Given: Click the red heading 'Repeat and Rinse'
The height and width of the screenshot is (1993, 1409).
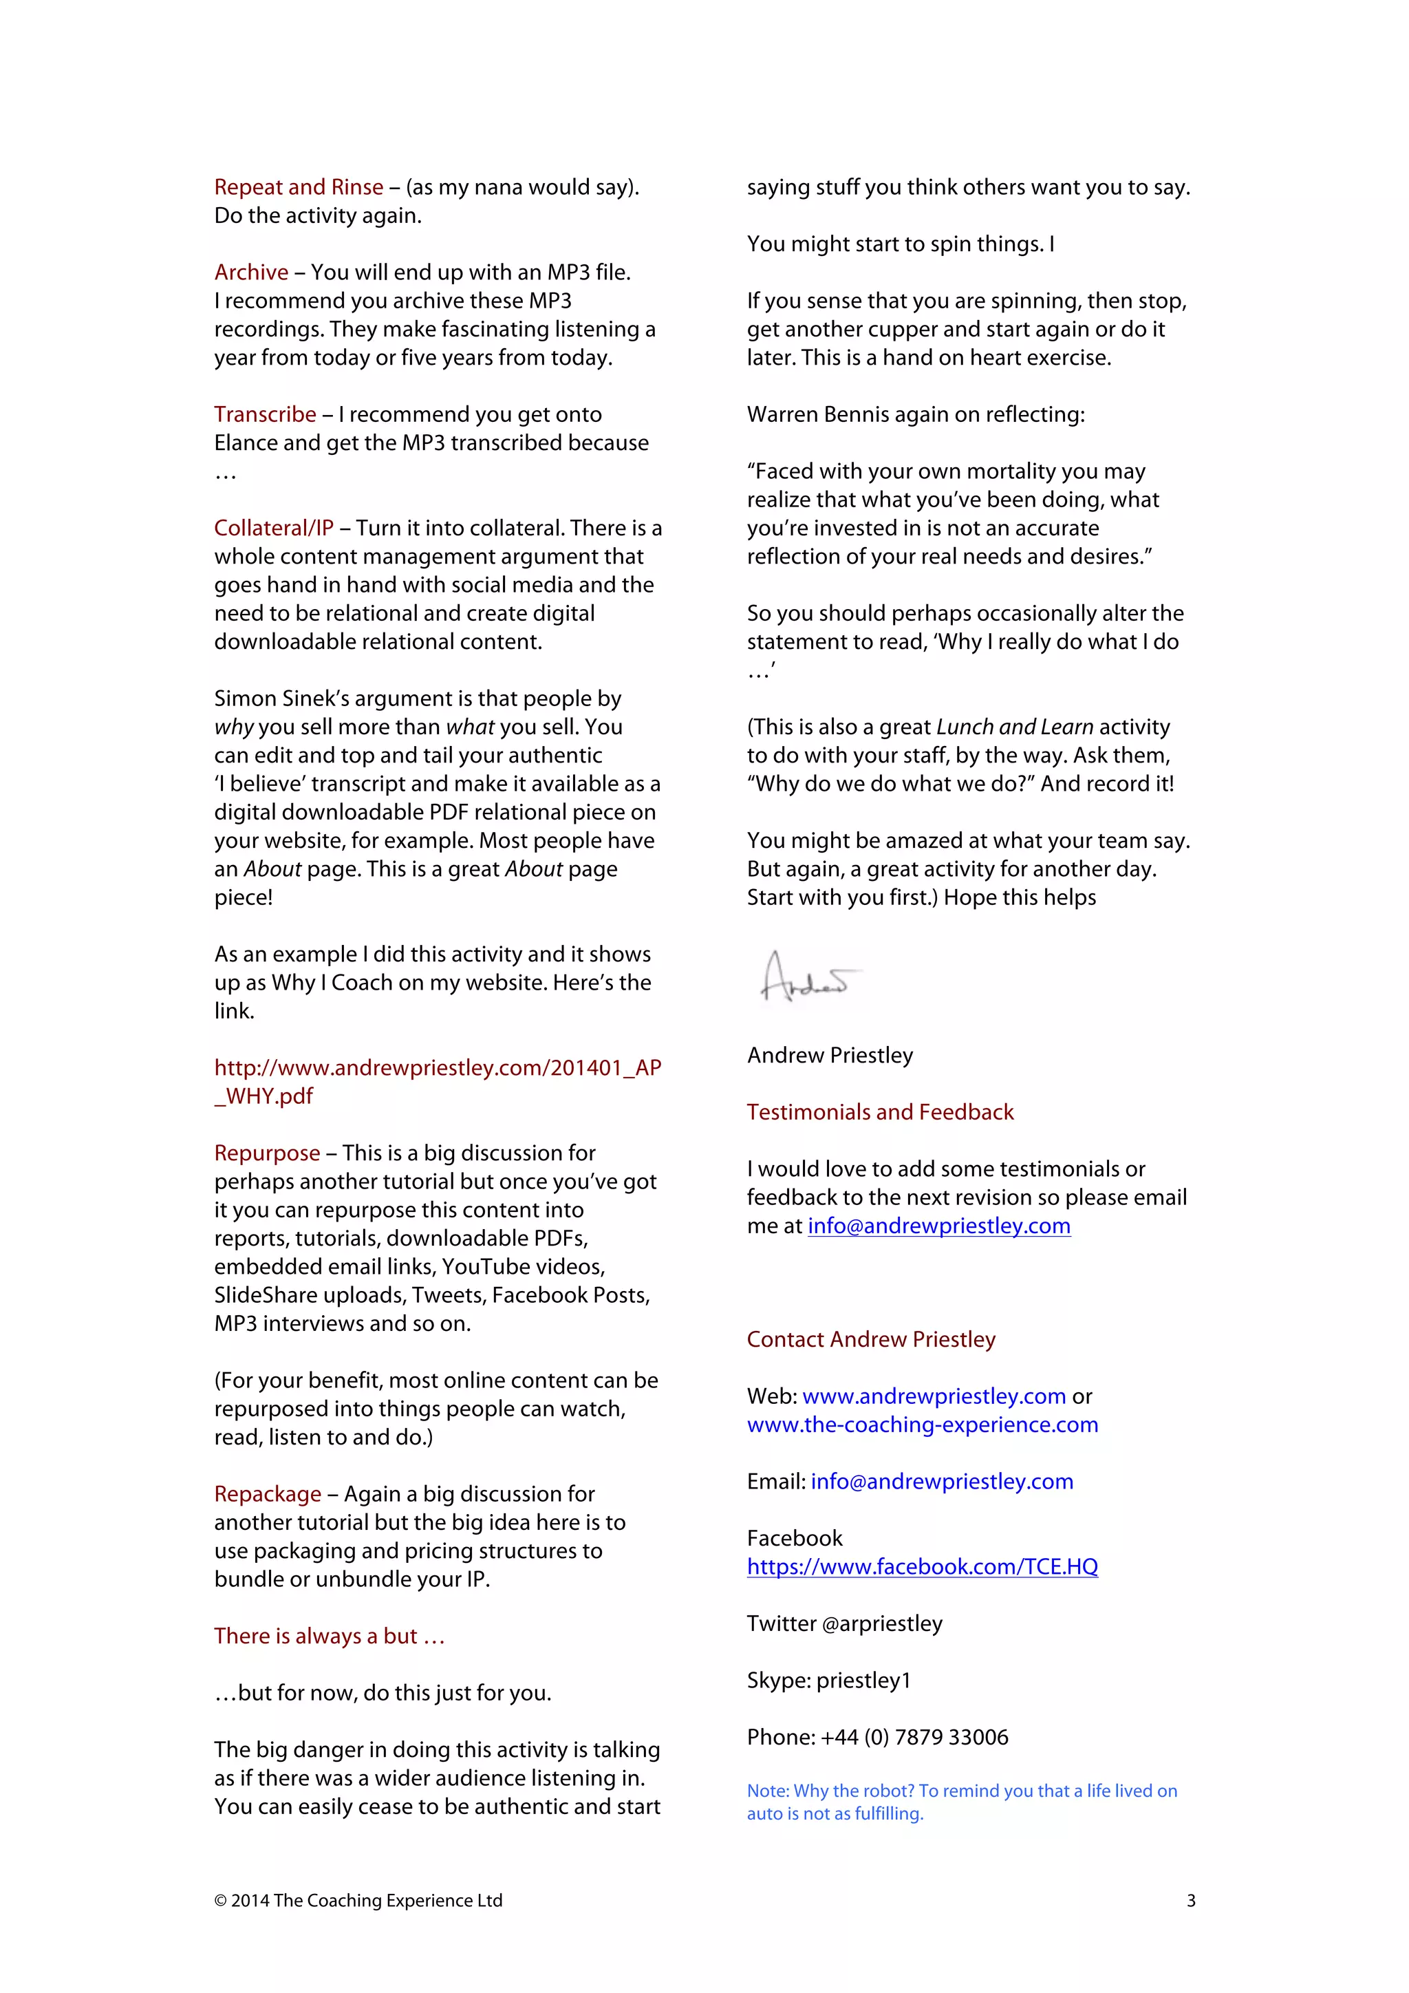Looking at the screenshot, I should (x=299, y=186).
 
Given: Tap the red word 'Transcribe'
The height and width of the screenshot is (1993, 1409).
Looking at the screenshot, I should (x=265, y=414).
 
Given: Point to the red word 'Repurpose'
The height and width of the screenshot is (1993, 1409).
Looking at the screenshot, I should (x=267, y=1153).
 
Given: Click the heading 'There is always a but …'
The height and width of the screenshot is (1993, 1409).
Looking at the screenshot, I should (x=329, y=1637).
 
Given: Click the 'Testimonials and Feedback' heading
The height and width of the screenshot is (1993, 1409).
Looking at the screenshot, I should (x=880, y=1112).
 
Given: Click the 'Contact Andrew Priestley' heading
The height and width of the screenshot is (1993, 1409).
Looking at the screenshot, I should (x=871, y=1339).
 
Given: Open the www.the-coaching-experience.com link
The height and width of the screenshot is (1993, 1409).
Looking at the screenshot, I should (x=923, y=1425).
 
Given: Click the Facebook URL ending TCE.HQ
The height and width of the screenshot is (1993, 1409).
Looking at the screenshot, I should (x=923, y=1567).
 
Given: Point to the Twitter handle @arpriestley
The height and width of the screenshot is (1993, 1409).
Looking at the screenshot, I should (x=881, y=1623).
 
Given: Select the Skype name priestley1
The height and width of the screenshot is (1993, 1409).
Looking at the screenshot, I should (x=863, y=1681).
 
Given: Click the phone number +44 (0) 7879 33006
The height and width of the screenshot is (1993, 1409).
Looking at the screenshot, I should (x=914, y=1737).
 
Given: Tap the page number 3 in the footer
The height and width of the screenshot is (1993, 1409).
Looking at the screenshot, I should (x=1190, y=1901).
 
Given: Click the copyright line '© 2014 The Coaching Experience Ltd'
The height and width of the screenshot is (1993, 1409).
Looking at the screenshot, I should (x=358, y=1901).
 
